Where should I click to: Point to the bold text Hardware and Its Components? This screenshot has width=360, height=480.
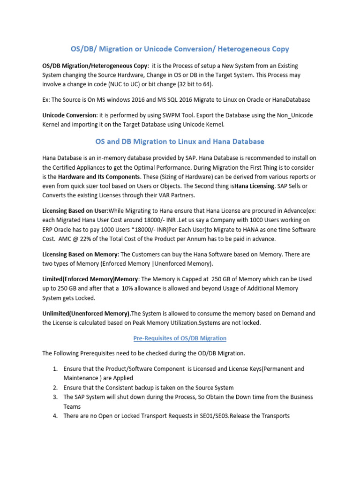[x=97, y=177]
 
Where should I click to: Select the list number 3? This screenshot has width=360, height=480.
[x=55, y=397]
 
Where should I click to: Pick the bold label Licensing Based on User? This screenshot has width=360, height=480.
[x=75, y=210]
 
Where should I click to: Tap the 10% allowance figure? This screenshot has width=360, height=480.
[x=129, y=288]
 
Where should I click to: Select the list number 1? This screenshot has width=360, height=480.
[x=55, y=369]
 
